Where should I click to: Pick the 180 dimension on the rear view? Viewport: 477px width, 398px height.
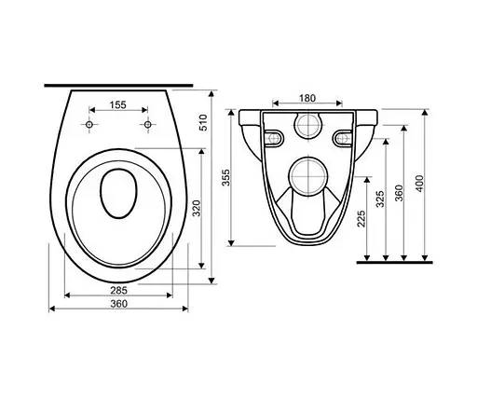(x=308, y=98)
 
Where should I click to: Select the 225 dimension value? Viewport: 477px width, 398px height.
(x=361, y=218)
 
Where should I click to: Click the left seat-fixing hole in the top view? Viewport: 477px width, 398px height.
(x=90, y=125)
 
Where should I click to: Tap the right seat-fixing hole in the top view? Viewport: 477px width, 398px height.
(x=147, y=125)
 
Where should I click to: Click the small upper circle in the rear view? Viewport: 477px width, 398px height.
(x=308, y=127)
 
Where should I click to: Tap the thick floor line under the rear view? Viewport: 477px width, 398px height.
(x=396, y=263)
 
